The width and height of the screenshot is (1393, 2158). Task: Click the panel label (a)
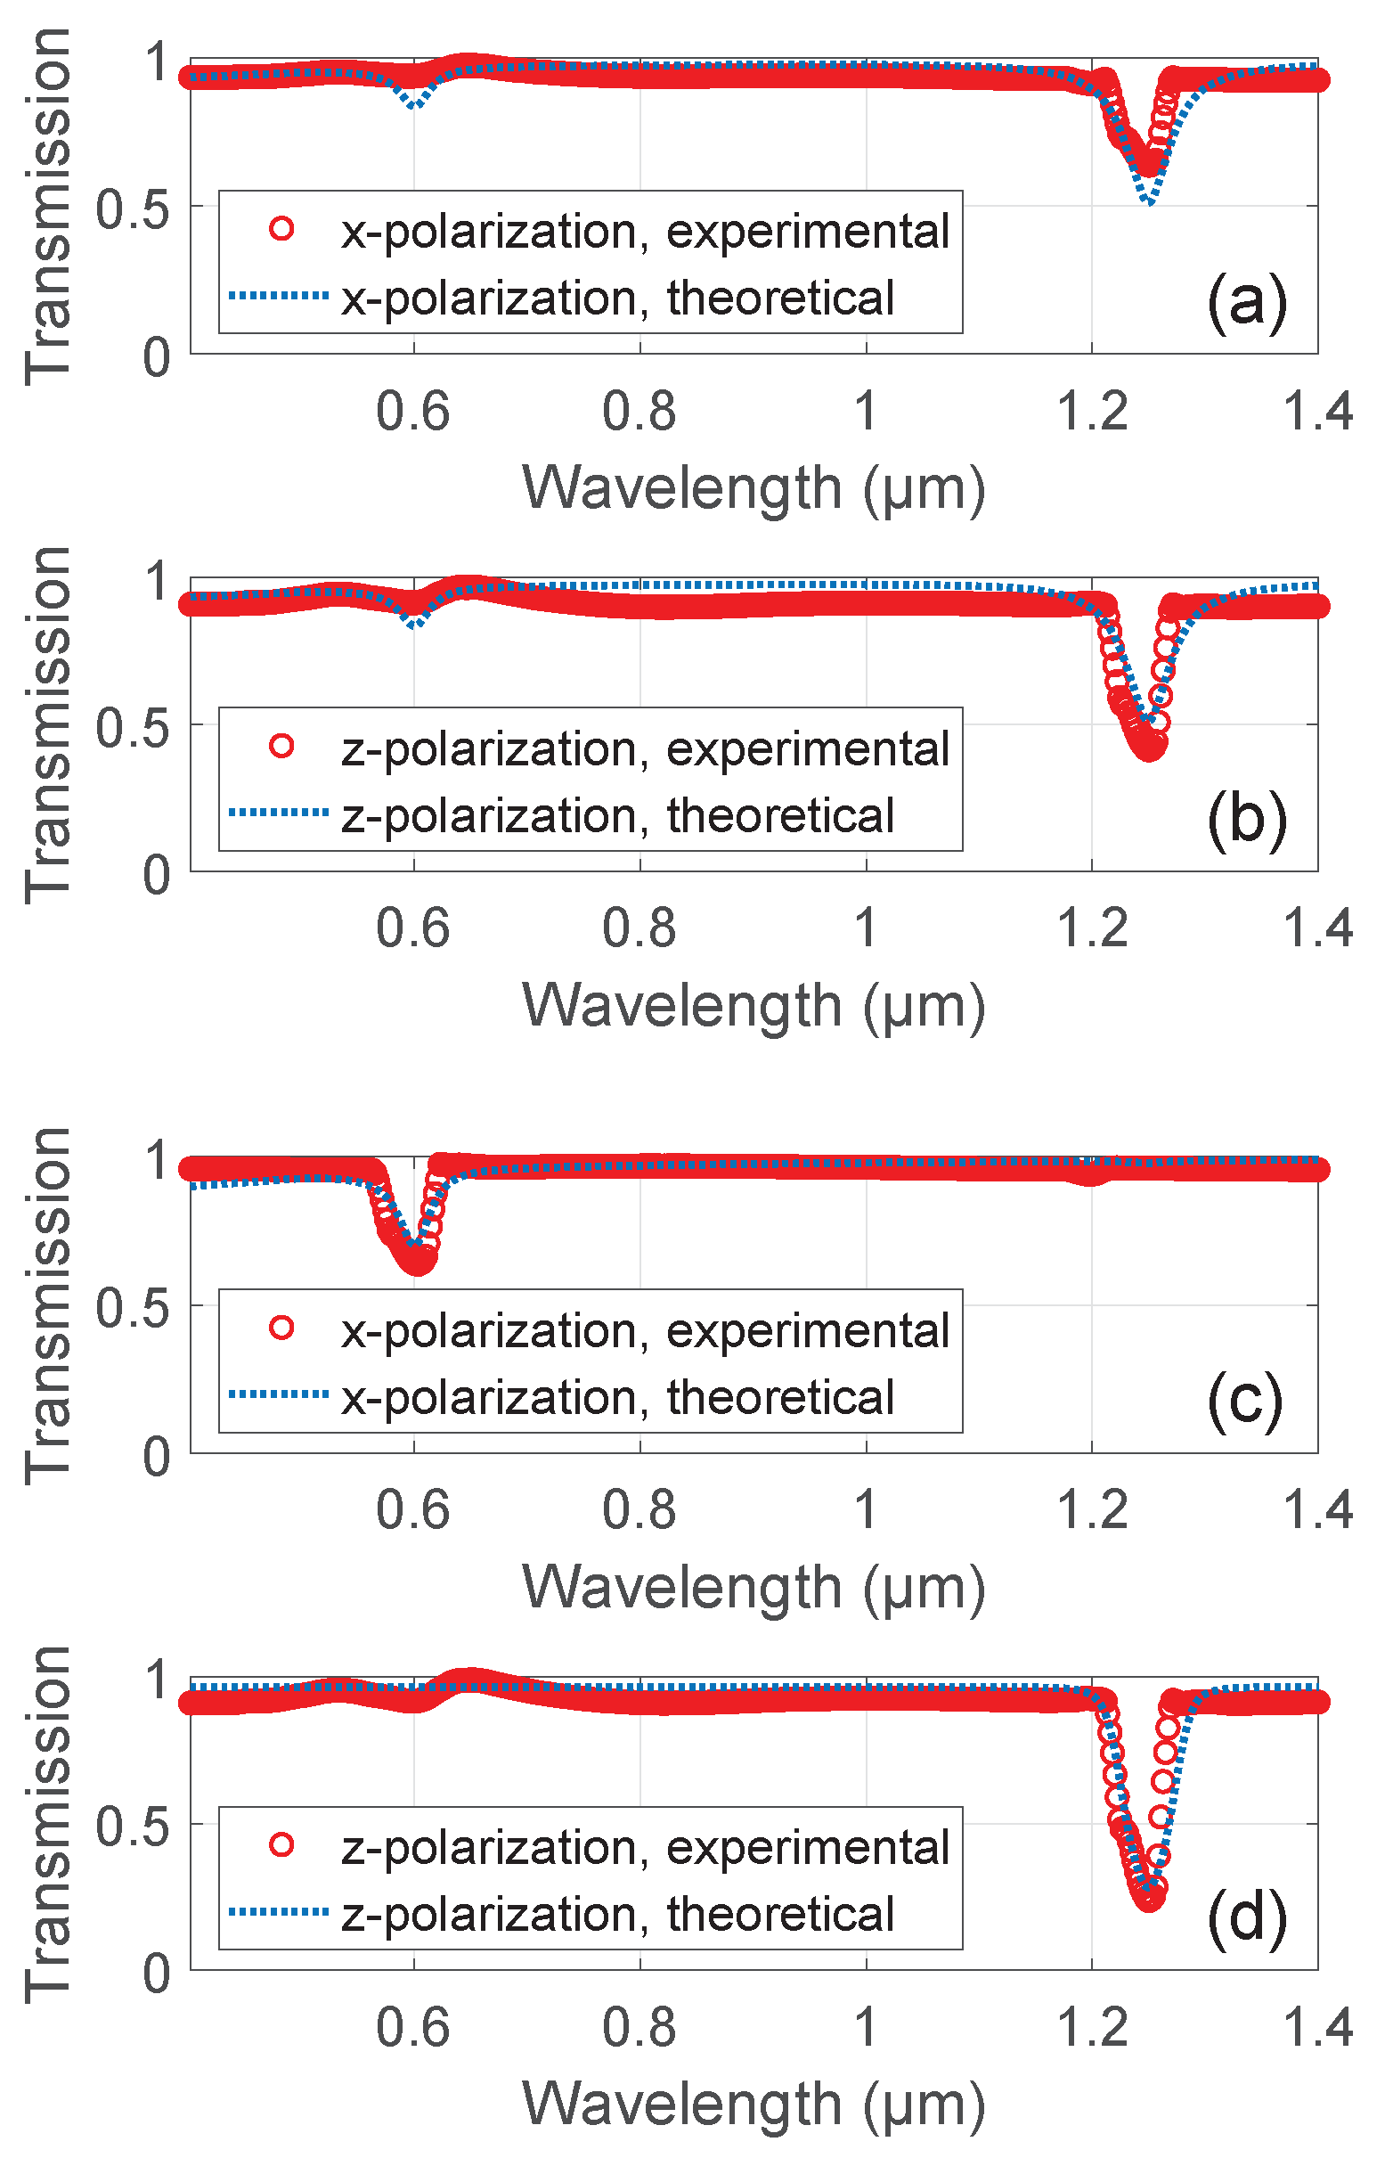pos(1245,301)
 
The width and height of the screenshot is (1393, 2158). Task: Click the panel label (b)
pos(1245,819)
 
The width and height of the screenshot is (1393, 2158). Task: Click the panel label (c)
pos(1243,1401)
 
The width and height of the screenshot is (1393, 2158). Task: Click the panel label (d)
pos(1245,1918)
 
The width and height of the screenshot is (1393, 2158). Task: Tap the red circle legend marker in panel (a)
pos(281,229)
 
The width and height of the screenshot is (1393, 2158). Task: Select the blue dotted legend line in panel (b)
pos(279,813)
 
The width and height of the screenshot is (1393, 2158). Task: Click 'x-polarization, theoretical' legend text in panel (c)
pos(617,1397)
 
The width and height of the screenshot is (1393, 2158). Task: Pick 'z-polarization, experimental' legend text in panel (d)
pos(644,1848)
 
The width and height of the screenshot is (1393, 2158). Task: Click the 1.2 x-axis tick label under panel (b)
pos(1092,928)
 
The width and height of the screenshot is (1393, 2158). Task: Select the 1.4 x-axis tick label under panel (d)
pos(1317,2028)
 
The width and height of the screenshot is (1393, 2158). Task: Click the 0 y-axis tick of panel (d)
pos(157,1974)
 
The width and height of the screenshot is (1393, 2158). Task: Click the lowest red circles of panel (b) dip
pos(1149,748)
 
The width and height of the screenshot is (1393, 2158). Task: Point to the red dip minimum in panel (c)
pos(418,1261)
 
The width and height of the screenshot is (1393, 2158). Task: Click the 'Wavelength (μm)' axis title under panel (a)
pos(753,488)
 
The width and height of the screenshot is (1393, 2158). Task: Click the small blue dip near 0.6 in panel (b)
pos(414,624)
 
